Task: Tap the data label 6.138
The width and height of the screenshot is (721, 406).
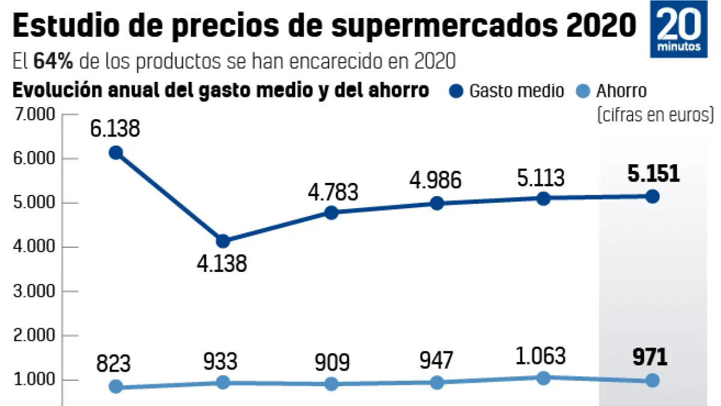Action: tap(115, 128)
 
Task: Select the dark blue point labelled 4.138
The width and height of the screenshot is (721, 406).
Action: tap(222, 241)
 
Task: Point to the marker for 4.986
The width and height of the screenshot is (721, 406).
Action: tap(437, 203)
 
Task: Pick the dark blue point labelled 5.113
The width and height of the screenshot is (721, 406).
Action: tap(543, 198)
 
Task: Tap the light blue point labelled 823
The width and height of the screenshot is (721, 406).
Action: tap(116, 387)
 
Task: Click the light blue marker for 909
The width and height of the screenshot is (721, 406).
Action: tap(331, 384)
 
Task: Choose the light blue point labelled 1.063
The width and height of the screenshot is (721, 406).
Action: tap(543, 378)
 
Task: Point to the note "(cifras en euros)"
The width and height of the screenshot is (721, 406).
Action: tap(655, 114)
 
